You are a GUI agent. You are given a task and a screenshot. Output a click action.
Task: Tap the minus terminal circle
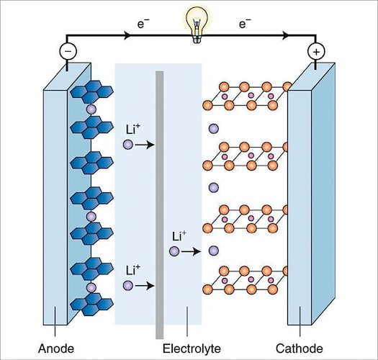(x=67, y=51)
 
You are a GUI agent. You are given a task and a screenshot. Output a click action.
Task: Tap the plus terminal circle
(x=315, y=51)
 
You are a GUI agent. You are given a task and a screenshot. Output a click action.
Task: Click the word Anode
(x=56, y=349)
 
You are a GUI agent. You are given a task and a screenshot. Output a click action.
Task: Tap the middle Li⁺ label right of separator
(x=180, y=235)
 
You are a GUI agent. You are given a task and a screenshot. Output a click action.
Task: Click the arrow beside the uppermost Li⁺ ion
(x=144, y=145)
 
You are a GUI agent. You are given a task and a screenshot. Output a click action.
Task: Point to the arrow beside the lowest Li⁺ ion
(x=144, y=286)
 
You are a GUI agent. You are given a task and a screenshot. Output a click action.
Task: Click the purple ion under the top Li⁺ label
(x=127, y=145)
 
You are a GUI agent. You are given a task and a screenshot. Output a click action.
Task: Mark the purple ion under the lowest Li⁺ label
(x=127, y=286)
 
